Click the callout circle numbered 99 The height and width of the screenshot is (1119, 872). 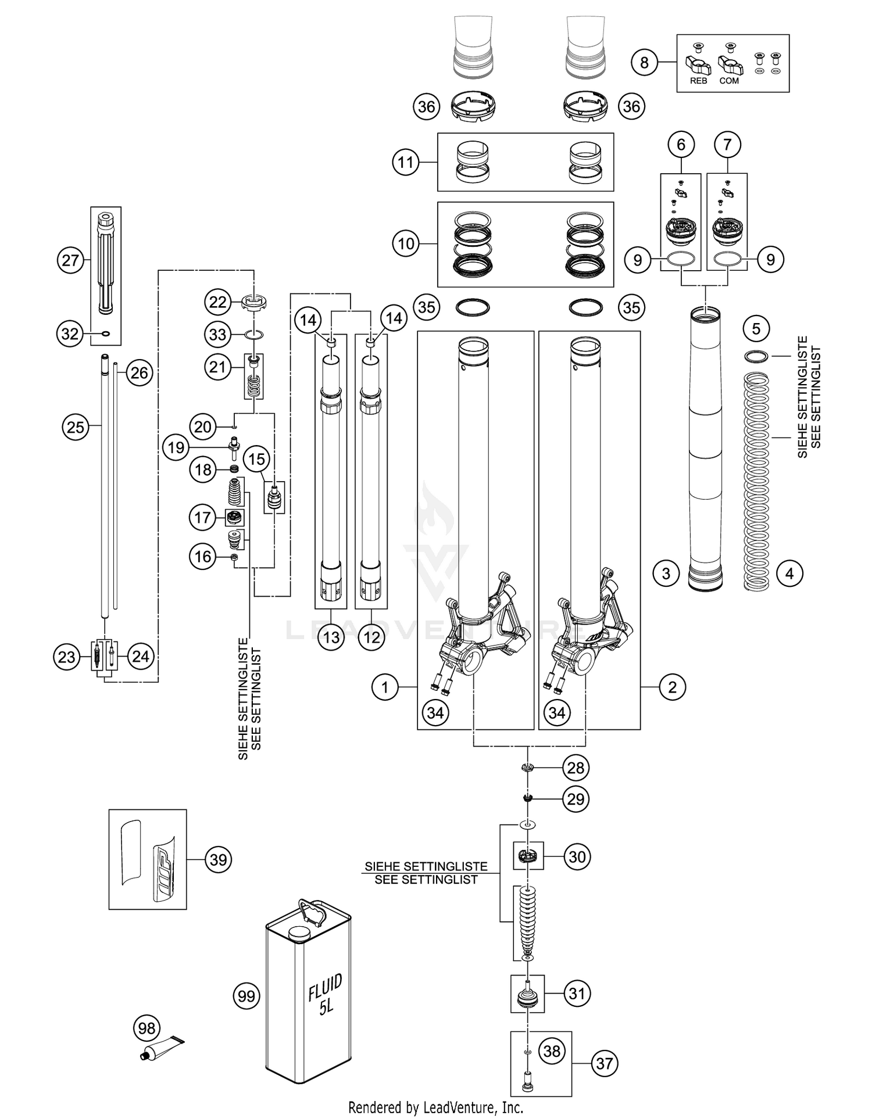point(246,996)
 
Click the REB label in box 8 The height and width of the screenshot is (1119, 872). point(698,81)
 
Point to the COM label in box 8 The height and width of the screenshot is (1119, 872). point(729,81)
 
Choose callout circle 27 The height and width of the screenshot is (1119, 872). point(70,260)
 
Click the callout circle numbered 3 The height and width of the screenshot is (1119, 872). point(666,574)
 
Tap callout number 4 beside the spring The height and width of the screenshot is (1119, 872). point(789,574)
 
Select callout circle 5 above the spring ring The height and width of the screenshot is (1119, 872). point(756,329)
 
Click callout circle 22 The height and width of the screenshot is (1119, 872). point(217,302)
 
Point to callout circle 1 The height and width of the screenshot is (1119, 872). point(385,687)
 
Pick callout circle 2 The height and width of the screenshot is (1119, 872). point(673,687)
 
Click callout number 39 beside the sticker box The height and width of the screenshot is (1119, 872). point(218,859)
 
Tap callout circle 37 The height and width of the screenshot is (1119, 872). point(605,1063)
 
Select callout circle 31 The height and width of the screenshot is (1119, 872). point(577,993)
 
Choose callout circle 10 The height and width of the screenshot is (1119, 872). point(406,243)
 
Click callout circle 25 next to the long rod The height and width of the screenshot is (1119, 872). point(76,428)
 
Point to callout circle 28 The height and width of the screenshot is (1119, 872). point(576,767)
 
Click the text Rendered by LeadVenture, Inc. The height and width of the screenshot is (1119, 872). point(435,1107)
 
